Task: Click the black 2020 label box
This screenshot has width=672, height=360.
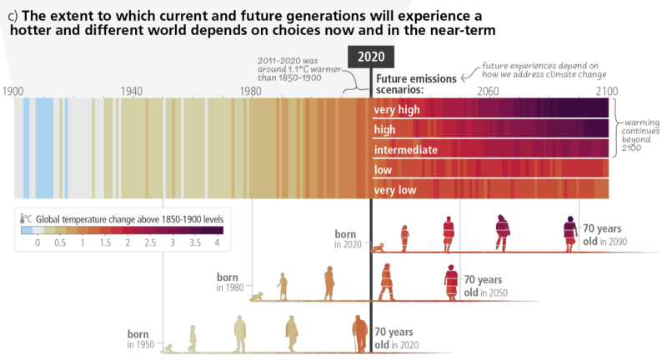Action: pyautogui.click(x=371, y=57)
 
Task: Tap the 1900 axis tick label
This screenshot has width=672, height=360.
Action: pyautogui.click(x=14, y=90)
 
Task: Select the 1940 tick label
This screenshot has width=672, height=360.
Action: pyautogui.click(x=132, y=90)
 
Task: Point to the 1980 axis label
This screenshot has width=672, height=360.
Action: pyautogui.click(x=251, y=90)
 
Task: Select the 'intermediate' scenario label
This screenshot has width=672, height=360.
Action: pyautogui.click(x=406, y=150)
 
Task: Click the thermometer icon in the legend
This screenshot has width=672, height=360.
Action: pyautogui.click(x=26, y=217)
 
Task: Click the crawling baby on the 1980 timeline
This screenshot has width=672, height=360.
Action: pyautogui.click(x=258, y=296)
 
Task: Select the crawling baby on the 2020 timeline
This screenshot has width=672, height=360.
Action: pyautogui.click(x=379, y=247)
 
